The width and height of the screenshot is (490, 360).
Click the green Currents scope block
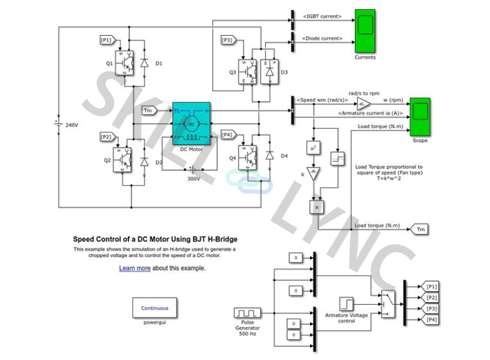pos(365,30)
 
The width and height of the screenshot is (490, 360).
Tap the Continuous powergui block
pos(155,307)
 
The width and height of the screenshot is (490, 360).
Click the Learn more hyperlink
pos(134,268)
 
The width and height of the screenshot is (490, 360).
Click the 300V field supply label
pos(194,178)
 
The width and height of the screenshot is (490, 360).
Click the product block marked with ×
pos(316,207)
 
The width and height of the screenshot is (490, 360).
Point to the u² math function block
pos(314,148)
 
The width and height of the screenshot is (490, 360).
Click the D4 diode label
pos(284,155)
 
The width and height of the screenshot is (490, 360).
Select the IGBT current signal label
pos(322,15)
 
